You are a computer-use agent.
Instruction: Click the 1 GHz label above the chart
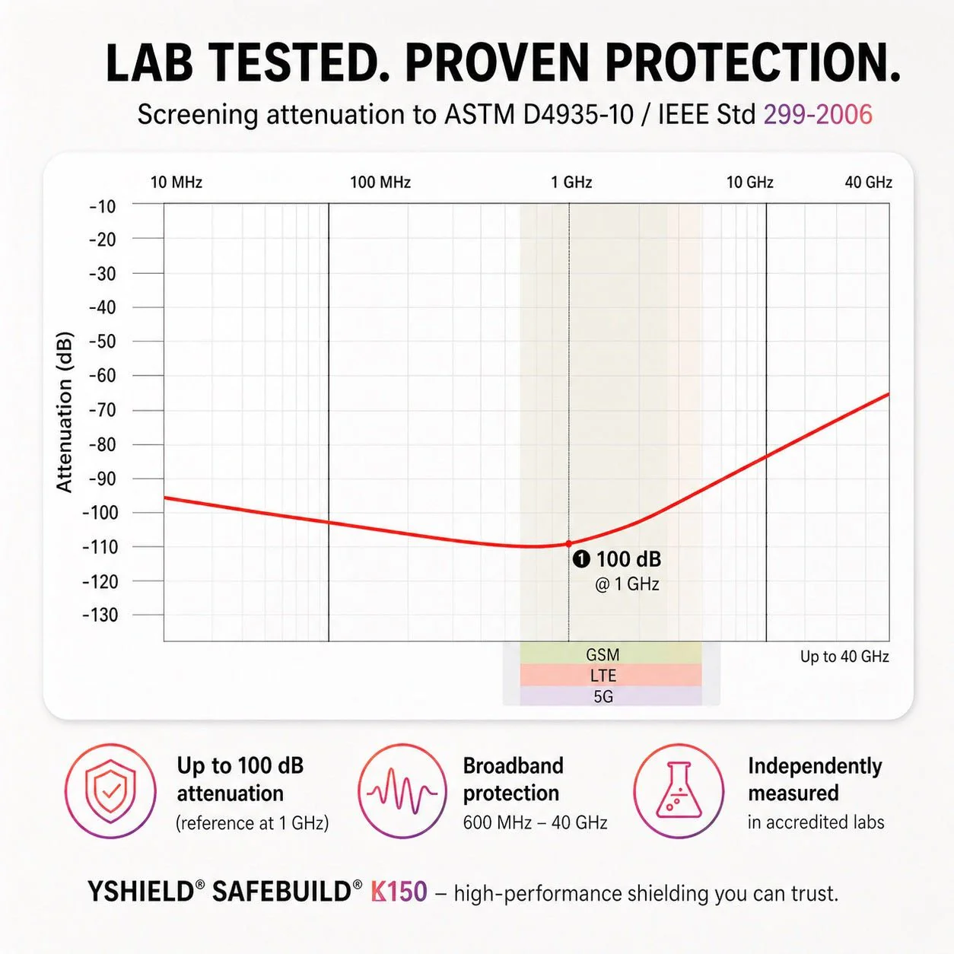pyautogui.click(x=571, y=182)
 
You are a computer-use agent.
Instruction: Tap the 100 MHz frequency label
pyautogui.click(x=380, y=182)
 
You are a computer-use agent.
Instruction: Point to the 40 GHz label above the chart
pyautogui.click(x=868, y=182)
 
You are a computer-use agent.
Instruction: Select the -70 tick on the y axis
pyautogui.click(x=103, y=410)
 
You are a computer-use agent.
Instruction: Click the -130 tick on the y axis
pyautogui.click(x=100, y=615)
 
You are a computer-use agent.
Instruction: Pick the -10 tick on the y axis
pyautogui.click(x=103, y=206)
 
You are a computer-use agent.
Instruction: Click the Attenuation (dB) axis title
pyautogui.click(x=65, y=412)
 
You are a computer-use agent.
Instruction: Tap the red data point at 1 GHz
pyautogui.click(x=569, y=544)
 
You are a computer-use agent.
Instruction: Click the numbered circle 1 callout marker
pyautogui.click(x=581, y=559)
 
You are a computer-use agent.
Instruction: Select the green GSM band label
pyautogui.click(x=603, y=654)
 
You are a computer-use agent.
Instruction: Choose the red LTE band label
pyautogui.click(x=603, y=676)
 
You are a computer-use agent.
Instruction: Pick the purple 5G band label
pyautogui.click(x=603, y=697)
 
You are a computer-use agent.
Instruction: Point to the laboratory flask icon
pyautogui.click(x=679, y=790)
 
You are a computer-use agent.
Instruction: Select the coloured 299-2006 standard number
pyautogui.click(x=818, y=114)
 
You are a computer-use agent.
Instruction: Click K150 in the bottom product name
pyautogui.click(x=399, y=892)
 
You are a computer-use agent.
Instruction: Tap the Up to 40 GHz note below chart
pyautogui.click(x=844, y=657)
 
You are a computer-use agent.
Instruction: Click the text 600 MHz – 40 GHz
pyautogui.click(x=535, y=822)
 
